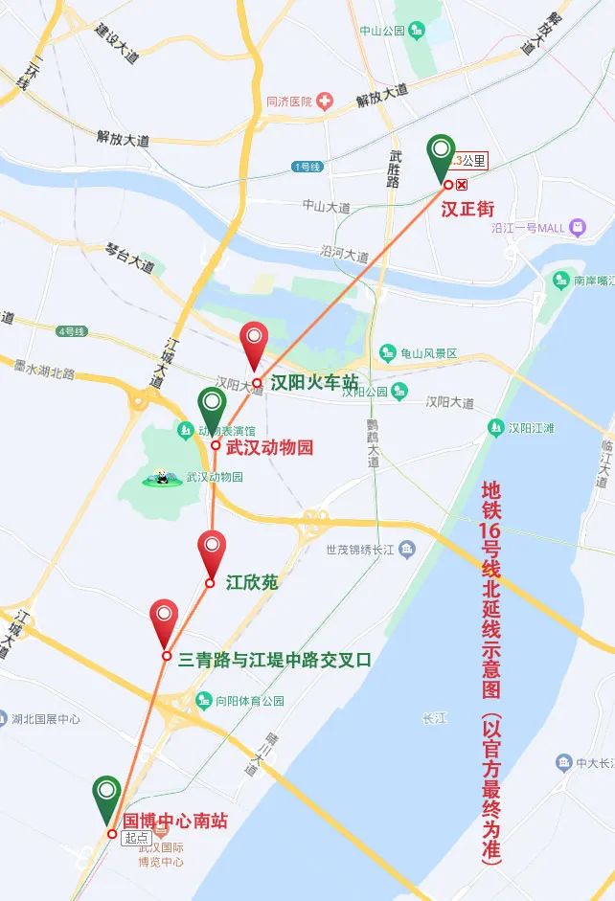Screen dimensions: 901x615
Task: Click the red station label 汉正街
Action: point(467,207)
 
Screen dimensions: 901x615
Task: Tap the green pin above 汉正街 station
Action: point(442,156)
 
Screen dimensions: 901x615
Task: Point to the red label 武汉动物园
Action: point(269,447)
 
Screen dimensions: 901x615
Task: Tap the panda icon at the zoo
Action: point(160,477)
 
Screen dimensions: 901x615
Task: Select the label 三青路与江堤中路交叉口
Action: point(275,659)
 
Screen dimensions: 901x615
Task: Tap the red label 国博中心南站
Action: point(176,821)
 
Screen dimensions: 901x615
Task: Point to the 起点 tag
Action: point(135,836)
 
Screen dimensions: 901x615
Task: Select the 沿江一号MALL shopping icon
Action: point(577,228)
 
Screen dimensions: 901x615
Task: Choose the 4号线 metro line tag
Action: point(72,331)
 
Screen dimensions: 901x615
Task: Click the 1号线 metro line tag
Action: point(307,168)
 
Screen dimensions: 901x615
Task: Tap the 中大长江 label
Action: point(595,763)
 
